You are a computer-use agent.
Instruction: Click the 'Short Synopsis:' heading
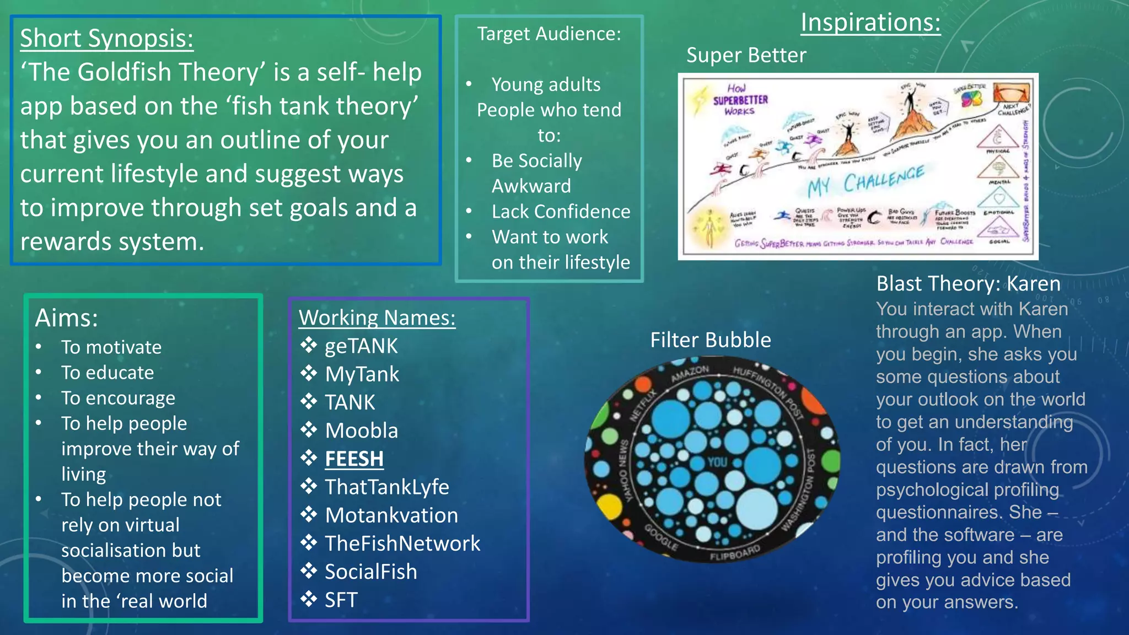tap(107, 39)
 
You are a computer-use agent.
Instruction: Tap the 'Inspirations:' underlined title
tap(870, 23)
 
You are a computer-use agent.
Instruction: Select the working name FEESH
tap(354, 459)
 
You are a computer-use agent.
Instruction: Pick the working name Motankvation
tap(391, 515)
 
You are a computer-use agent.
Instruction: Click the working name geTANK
tap(361, 346)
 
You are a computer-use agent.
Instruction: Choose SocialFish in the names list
tap(370, 572)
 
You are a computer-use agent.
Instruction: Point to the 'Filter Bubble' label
tap(710, 340)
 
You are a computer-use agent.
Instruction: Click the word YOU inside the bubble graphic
tap(717, 462)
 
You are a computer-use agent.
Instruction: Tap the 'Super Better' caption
tap(746, 55)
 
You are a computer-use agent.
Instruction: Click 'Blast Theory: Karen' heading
tap(968, 284)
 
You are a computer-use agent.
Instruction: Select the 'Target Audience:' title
tap(549, 34)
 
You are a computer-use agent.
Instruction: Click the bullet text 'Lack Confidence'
tap(561, 212)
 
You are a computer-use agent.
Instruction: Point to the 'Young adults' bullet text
tap(546, 85)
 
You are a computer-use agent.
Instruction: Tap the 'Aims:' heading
tap(67, 318)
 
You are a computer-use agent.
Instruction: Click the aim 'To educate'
tap(107, 373)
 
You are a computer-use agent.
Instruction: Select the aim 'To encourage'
tap(118, 398)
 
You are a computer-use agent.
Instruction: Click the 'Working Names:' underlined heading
tap(377, 318)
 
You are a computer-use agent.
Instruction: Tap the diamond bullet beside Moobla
tap(309, 430)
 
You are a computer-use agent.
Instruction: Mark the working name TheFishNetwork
tap(402, 543)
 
